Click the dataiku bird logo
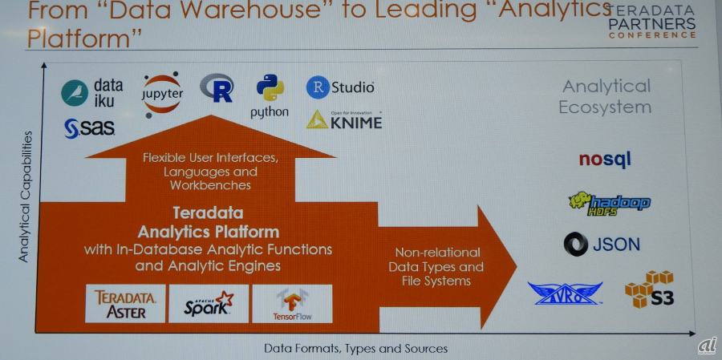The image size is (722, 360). (75, 94)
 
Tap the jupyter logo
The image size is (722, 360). (163, 93)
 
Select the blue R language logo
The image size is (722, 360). (217, 88)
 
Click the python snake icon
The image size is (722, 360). (270, 88)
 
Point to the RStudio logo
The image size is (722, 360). (340, 87)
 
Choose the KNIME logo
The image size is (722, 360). (344, 119)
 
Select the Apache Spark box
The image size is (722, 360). (209, 303)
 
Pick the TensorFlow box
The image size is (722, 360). (291, 303)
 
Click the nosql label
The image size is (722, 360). (605, 159)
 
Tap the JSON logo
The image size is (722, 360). (602, 244)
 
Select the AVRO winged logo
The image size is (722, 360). (565, 293)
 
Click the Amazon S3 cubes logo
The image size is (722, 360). (650, 290)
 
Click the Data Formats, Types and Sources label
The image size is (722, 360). (355, 349)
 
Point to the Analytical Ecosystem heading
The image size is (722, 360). (606, 96)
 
